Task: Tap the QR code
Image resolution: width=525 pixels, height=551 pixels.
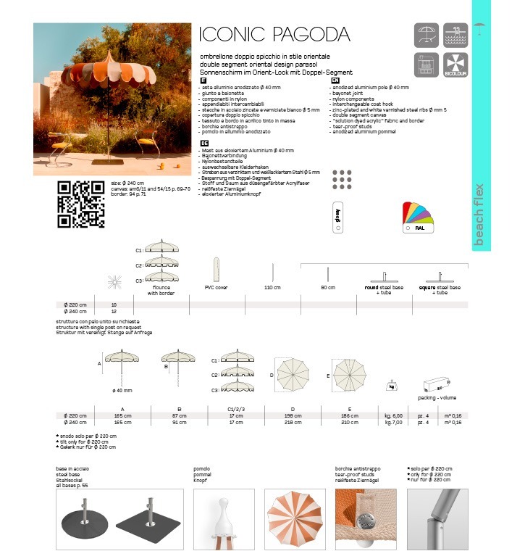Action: pos(80,204)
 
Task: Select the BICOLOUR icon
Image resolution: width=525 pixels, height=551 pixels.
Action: pos(455,66)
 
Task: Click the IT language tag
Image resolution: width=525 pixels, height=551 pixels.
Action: pos(203,80)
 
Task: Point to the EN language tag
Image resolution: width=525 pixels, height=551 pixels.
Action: pos(335,80)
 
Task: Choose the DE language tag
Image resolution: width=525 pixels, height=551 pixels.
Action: pos(203,144)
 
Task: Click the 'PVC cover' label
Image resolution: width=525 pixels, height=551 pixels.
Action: pos(217,288)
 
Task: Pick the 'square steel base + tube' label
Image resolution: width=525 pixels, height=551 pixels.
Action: pos(442,291)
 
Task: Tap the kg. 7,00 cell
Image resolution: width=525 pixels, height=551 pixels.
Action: pos(393,421)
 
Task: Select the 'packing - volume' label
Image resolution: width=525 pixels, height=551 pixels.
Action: pos(437,398)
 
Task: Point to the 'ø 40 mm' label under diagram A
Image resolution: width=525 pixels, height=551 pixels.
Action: pos(122,391)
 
